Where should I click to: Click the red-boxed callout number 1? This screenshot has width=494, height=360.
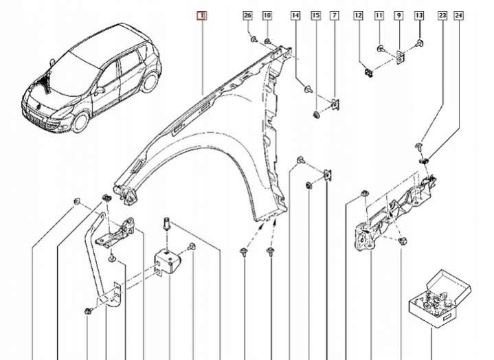pyautogui.click(x=201, y=15)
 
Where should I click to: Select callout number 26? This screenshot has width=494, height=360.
pyautogui.click(x=247, y=15)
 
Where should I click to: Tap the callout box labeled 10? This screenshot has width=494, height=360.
pyautogui.click(x=267, y=15)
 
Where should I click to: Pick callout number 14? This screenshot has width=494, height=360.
pyautogui.click(x=295, y=15)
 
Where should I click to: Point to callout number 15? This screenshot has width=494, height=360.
pyautogui.click(x=315, y=15)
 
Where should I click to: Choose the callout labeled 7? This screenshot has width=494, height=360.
pyautogui.click(x=334, y=15)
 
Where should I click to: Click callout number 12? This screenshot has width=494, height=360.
pyautogui.click(x=358, y=15)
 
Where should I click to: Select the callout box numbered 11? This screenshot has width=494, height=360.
pyautogui.click(x=379, y=15)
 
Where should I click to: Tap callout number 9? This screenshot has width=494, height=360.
pyautogui.click(x=398, y=15)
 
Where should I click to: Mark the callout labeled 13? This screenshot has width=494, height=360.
pyautogui.click(x=418, y=15)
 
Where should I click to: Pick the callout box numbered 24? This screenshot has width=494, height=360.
pyautogui.click(x=459, y=15)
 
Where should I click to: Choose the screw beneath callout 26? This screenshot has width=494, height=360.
pyautogui.click(x=254, y=40)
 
